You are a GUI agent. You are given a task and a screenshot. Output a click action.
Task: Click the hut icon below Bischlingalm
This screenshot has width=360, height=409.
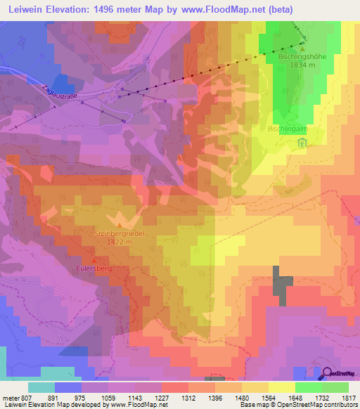[302, 143]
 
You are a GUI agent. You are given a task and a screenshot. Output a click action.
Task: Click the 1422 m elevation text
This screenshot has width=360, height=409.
[117, 242]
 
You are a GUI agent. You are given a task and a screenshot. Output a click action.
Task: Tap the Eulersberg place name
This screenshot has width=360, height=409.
[95, 268]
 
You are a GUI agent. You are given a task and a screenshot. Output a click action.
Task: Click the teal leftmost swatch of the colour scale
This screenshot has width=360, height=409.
[41, 387]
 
